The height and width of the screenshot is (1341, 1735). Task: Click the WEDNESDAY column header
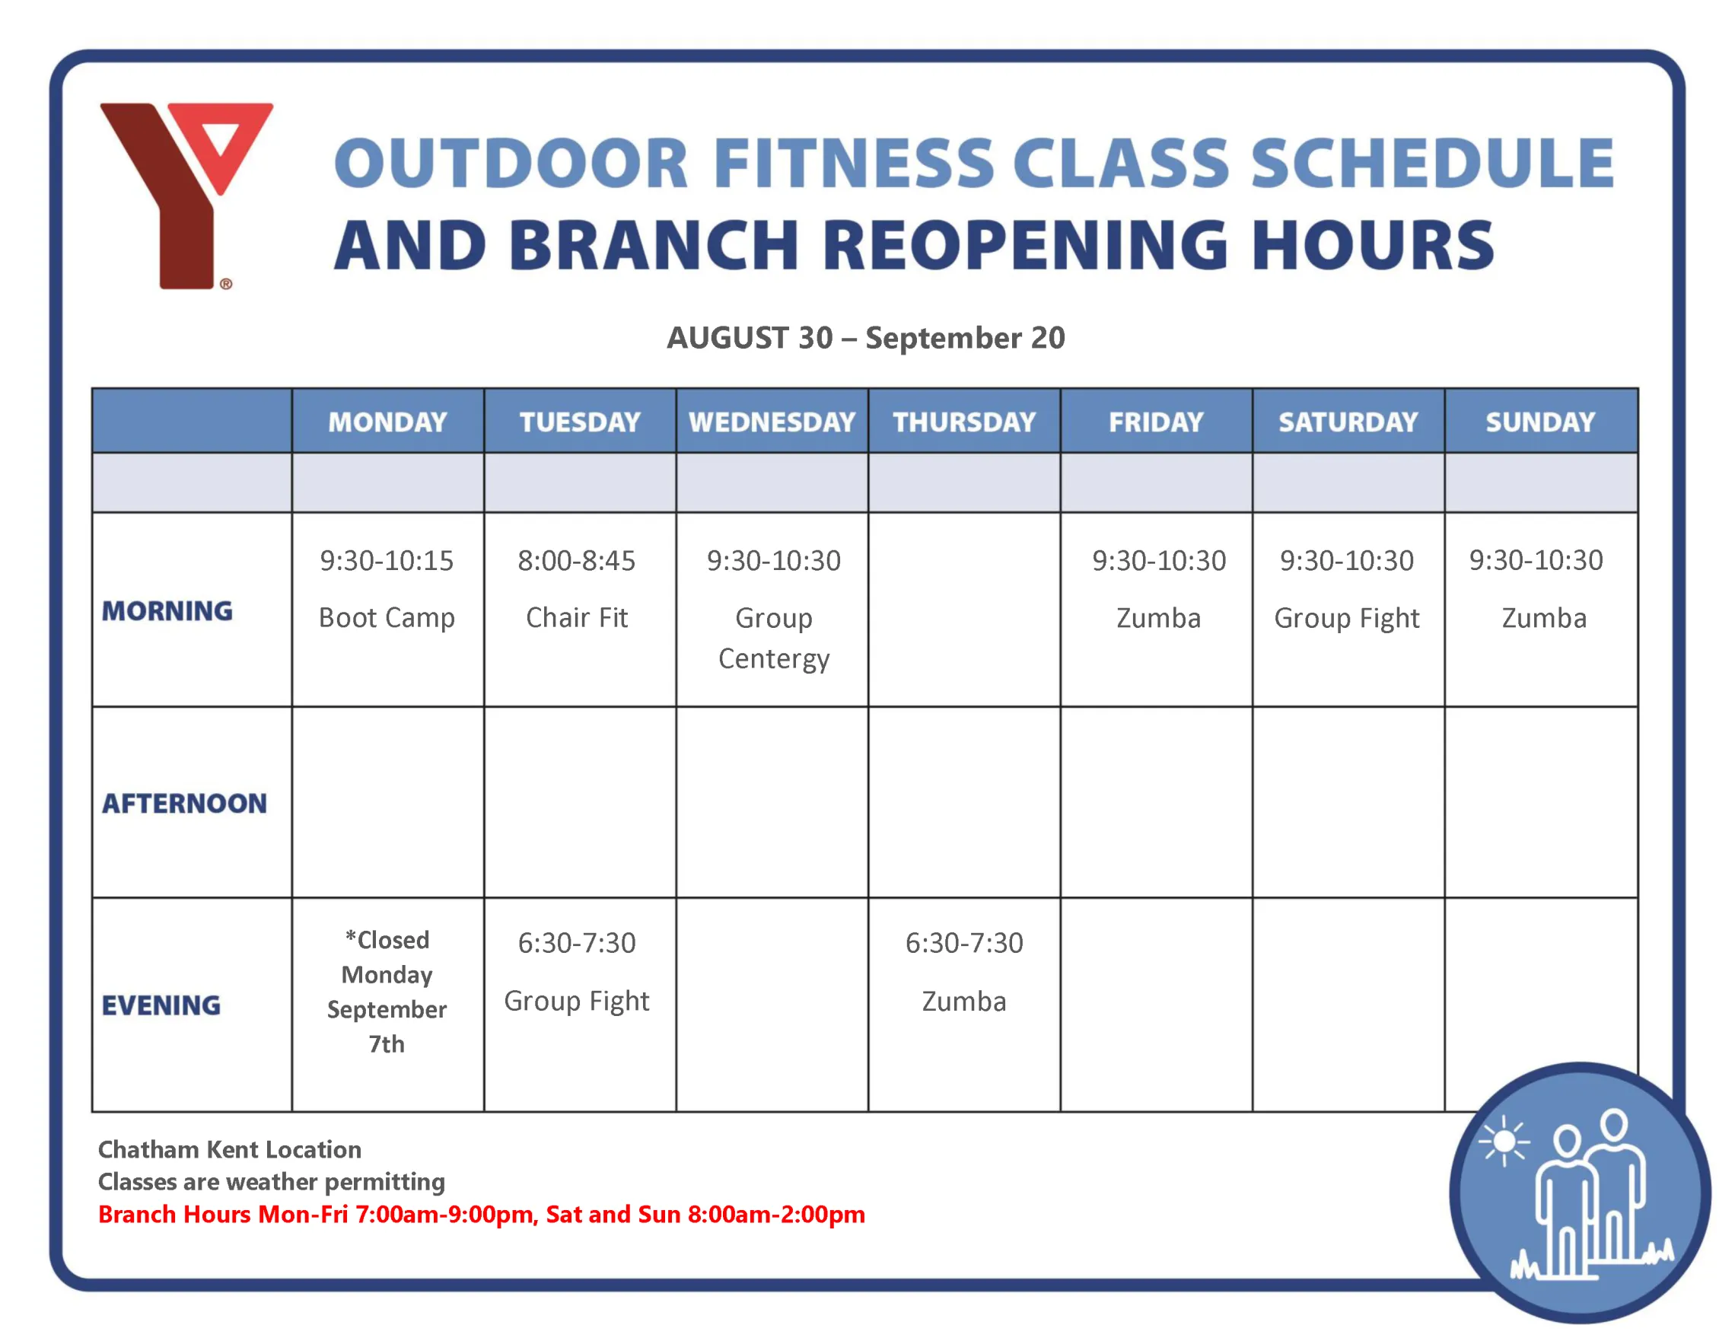(772, 422)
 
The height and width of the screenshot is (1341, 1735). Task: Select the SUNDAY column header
(1539, 422)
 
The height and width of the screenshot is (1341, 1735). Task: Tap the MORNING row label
(167, 611)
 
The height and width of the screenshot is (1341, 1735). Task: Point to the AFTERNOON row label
(184, 803)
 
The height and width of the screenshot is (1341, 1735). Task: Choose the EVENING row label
(161, 1005)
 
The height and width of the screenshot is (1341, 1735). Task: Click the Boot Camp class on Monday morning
(387, 618)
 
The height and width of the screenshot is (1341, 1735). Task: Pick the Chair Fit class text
(577, 618)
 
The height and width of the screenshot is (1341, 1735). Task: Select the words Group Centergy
(774, 638)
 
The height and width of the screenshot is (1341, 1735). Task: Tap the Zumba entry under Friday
(1158, 618)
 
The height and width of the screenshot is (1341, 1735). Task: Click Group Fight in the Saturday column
(1347, 618)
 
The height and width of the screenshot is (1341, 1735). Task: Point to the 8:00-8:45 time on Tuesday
(577, 561)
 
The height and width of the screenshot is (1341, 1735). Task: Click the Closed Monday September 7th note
(387, 992)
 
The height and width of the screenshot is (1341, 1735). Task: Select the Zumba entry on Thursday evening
(963, 1001)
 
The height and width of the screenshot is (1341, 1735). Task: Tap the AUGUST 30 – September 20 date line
(865, 338)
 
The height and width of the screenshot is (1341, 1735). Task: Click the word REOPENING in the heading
(1025, 246)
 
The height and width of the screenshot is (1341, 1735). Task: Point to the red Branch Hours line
(482, 1214)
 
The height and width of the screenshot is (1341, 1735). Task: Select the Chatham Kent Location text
(230, 1148)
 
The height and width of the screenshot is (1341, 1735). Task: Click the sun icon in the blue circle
(1504, 1142)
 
